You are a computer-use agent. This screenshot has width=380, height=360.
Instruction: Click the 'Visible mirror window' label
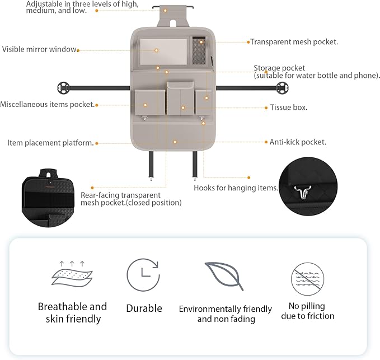pos(40,49)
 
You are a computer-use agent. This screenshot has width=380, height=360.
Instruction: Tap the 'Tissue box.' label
pos(289,107)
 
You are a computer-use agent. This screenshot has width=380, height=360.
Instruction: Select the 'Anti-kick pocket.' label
pos(298,142)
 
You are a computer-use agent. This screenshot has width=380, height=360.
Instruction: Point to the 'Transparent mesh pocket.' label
pos(294,42)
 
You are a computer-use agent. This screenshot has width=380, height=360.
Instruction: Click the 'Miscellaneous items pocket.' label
pos(47,105)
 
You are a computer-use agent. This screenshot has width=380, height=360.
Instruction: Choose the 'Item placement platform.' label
pos(50,143)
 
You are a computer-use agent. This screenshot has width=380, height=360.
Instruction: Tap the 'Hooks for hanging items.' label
pos(236,188)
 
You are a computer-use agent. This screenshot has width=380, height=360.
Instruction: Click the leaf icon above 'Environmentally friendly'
pos(224,277)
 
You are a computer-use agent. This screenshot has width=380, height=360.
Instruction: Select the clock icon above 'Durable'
pos(143,275)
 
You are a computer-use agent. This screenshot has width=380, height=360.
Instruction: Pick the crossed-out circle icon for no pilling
pos(308,279)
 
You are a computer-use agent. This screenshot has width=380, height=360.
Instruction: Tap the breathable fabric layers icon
pos(72,274)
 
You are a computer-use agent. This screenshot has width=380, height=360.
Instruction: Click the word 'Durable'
pos(144,308)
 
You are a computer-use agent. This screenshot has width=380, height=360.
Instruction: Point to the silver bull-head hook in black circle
pos(302,192)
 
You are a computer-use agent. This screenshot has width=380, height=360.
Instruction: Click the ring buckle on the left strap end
pos(63,88)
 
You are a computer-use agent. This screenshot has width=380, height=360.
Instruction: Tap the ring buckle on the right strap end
pos(282,88)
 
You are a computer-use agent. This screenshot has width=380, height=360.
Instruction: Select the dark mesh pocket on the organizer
pos(199,50)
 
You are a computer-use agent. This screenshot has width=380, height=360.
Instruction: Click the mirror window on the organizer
pos(163,51)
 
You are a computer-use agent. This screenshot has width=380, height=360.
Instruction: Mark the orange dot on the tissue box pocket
pos(183,107)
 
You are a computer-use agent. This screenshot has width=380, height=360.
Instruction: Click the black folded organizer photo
pos(48,198)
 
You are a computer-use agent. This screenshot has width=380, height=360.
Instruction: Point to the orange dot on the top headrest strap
pos(165,11)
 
